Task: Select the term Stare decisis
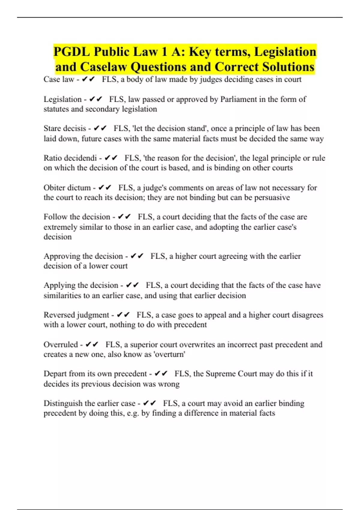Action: point(65,128)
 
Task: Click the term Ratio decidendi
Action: point(70,158)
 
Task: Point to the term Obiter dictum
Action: point(67,188)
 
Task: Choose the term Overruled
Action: point(61,344)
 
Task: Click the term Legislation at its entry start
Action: point(62,99)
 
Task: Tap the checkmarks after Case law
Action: point(88,79)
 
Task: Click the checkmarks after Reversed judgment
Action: point(123,315)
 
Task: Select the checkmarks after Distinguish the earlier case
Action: point(149,403)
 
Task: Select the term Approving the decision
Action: point(83,256)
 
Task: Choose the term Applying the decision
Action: point(81,285)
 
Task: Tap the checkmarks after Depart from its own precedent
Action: point(161,374)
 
